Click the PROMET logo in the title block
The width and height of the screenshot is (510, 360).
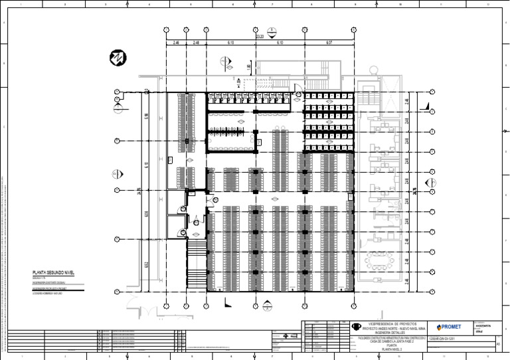point(449,327)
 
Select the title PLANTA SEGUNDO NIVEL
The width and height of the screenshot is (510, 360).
point(57,273)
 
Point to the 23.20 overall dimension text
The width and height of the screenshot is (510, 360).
point(260,38)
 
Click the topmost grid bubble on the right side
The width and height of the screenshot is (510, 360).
point(433,92)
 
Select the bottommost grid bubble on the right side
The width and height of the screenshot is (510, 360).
point(433,291)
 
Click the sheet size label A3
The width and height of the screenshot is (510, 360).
point(497,343)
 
